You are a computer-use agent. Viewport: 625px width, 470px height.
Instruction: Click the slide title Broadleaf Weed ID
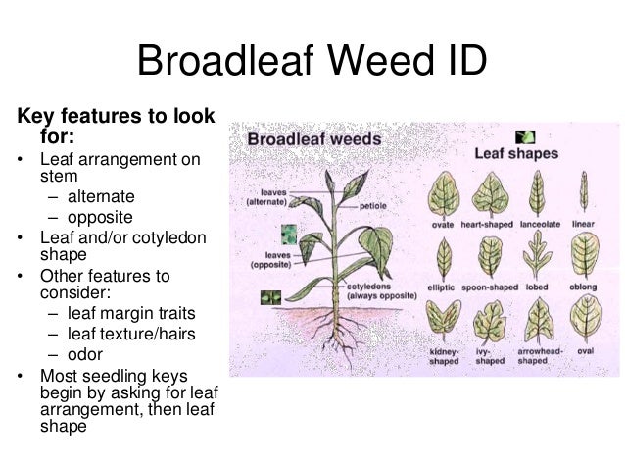pyautogui.click(x=312, y=61)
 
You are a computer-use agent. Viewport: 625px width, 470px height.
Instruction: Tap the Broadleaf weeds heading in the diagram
pyautogui.click(x=312, y=140)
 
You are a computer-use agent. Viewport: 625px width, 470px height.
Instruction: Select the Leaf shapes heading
pyautogui.click(x=516, y=154)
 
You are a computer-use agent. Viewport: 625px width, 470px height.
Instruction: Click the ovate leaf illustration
pyautogui.click(x=444, y=191)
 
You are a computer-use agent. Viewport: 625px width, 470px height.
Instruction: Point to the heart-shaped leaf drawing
pyautogui.click(x=490, y=191)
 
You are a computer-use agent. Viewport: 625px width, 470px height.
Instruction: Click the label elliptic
pyautogui.click(x=443, y=288)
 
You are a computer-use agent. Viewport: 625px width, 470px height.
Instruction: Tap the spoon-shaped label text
pyautogui.click(x=490, y=288)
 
